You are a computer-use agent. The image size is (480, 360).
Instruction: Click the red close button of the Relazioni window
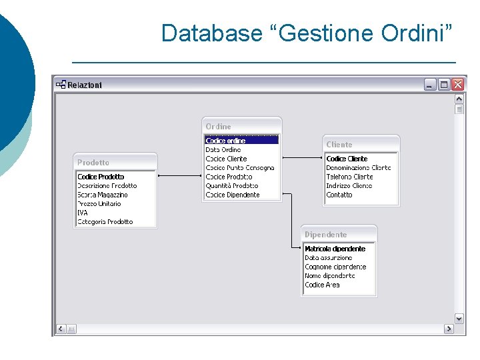pos(457,85)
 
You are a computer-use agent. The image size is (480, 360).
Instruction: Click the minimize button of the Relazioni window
pos(430,85)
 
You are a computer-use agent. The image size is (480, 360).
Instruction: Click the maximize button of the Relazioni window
pos(444,85)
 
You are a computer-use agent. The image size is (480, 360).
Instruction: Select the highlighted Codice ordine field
pos(226,141)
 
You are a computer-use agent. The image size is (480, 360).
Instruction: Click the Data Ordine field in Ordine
pos(223,150)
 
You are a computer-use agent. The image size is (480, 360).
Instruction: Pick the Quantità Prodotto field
pos(232,186)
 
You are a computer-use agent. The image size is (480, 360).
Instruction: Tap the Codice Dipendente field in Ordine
pos(233,195)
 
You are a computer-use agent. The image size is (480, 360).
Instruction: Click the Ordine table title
pos(219,127)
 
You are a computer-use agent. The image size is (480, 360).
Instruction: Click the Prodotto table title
pos(93,163)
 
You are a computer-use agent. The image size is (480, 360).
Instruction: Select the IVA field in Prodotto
pos(83,213)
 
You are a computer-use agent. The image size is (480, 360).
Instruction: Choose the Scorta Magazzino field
pos(103,195)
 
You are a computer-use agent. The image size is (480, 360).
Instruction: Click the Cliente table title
pos(339,145)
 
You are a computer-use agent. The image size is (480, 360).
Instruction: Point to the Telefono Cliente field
pos(349,177)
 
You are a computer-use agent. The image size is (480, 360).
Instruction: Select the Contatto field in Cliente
pos(339,195)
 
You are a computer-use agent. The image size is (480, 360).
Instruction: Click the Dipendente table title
pos(326,235)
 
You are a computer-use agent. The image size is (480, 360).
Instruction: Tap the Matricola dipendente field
pos(335,249)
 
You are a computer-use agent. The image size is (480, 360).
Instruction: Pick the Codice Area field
pos(323,285)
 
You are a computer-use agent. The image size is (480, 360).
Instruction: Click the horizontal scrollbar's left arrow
pos(61,329)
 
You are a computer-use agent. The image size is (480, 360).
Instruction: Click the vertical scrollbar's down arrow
pos(459,318)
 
